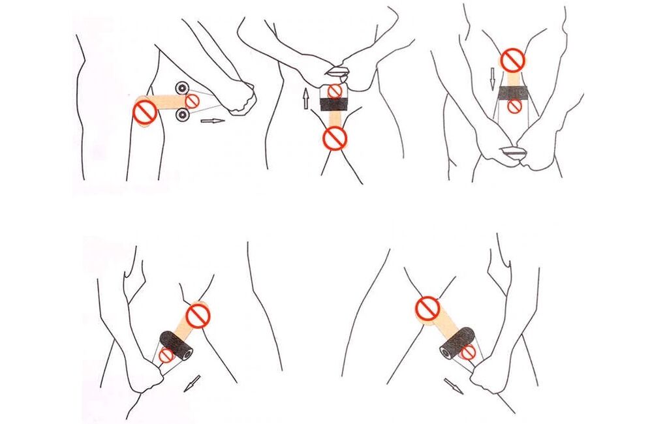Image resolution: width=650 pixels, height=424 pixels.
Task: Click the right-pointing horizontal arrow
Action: (212, 121)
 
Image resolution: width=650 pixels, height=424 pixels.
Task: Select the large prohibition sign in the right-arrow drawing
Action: (144, 112)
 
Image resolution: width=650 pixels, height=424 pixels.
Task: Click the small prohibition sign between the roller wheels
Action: (193, 100)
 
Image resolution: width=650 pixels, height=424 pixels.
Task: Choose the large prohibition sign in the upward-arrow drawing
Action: (335, 138)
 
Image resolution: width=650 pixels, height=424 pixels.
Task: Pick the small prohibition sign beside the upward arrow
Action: (335, 91)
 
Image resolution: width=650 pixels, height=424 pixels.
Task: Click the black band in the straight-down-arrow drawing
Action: (514, 92)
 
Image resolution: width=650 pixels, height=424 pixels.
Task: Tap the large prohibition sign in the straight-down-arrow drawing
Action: (514, 61)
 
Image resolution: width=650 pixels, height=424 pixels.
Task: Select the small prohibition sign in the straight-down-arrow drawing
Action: (514, 105)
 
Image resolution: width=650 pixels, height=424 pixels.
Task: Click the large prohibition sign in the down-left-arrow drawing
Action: (198, 316)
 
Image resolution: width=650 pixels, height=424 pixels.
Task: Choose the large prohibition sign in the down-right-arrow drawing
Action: (427, 309)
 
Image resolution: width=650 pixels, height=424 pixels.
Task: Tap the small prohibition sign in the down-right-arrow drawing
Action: (467, 352)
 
